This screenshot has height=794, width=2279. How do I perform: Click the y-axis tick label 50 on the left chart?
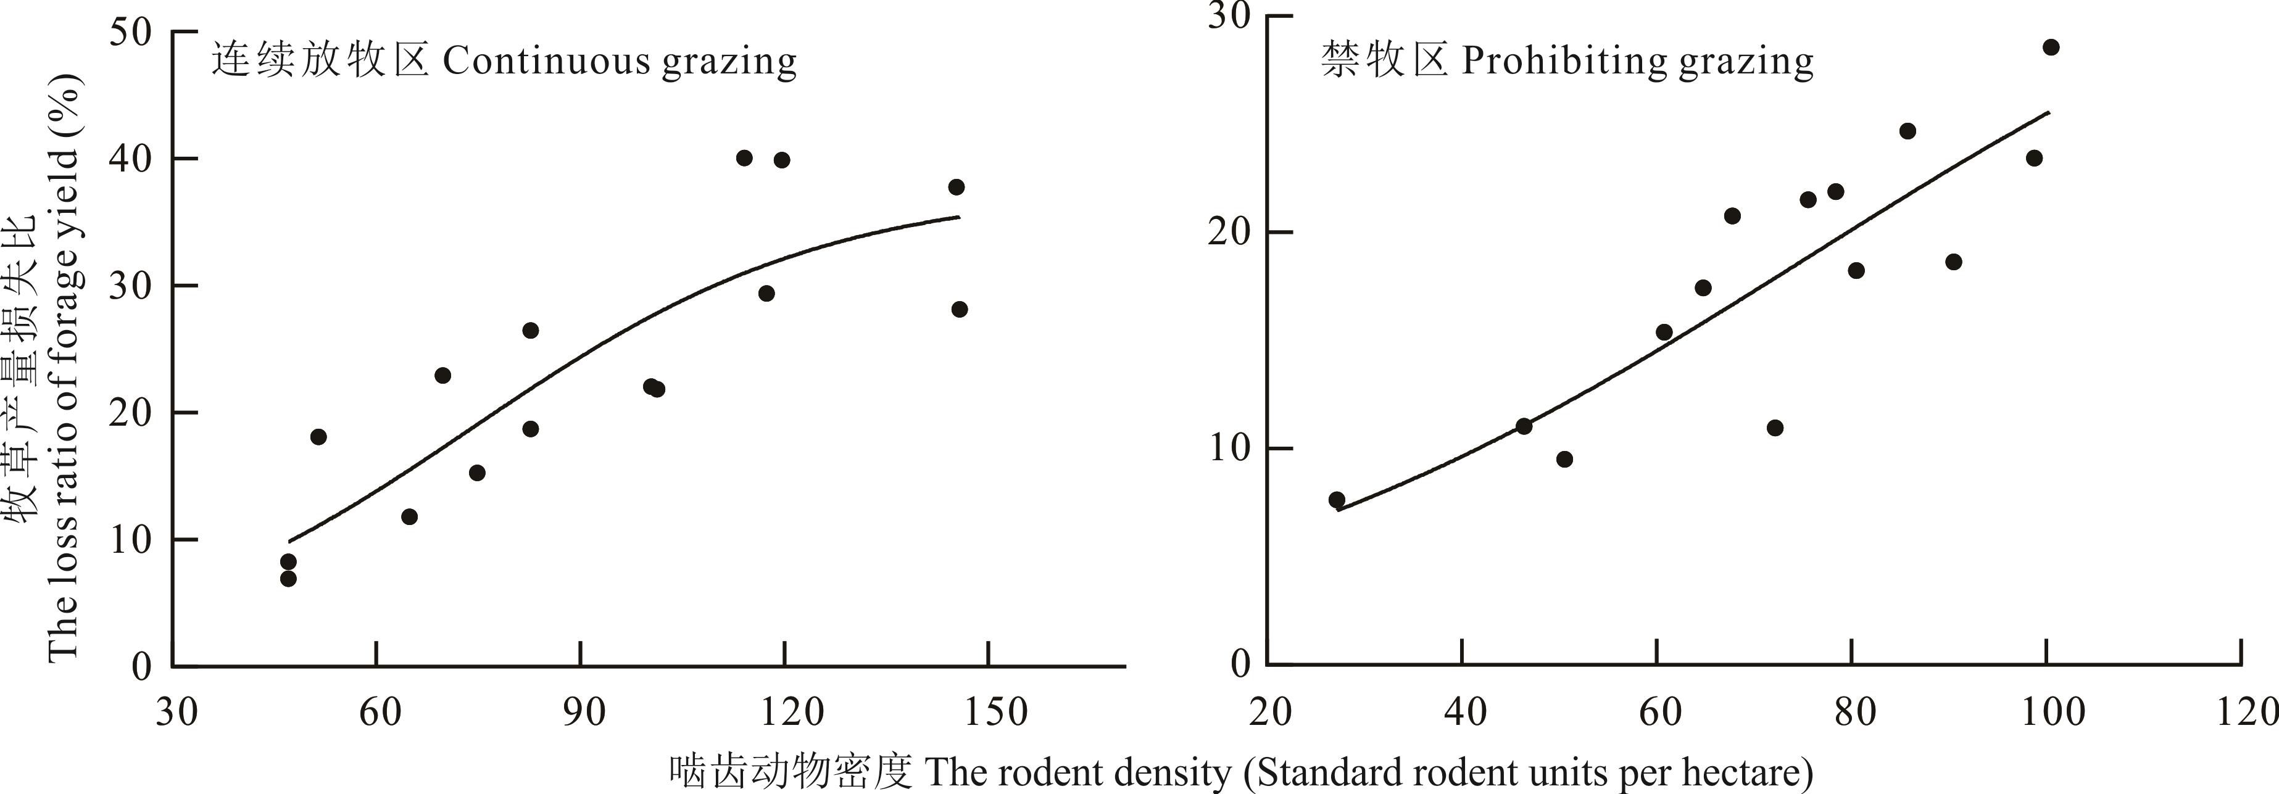130,33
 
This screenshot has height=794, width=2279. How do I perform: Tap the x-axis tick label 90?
583,711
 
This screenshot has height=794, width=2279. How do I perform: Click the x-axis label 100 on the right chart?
2053,711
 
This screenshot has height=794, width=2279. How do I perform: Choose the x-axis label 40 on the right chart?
1465,711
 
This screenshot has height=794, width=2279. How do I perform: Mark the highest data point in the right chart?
2051,48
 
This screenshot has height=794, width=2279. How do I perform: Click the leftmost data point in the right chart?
1337,500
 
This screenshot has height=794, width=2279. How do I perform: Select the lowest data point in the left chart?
288,578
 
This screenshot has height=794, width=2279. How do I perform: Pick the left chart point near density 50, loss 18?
318,437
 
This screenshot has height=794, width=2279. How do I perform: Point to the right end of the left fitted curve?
959,217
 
